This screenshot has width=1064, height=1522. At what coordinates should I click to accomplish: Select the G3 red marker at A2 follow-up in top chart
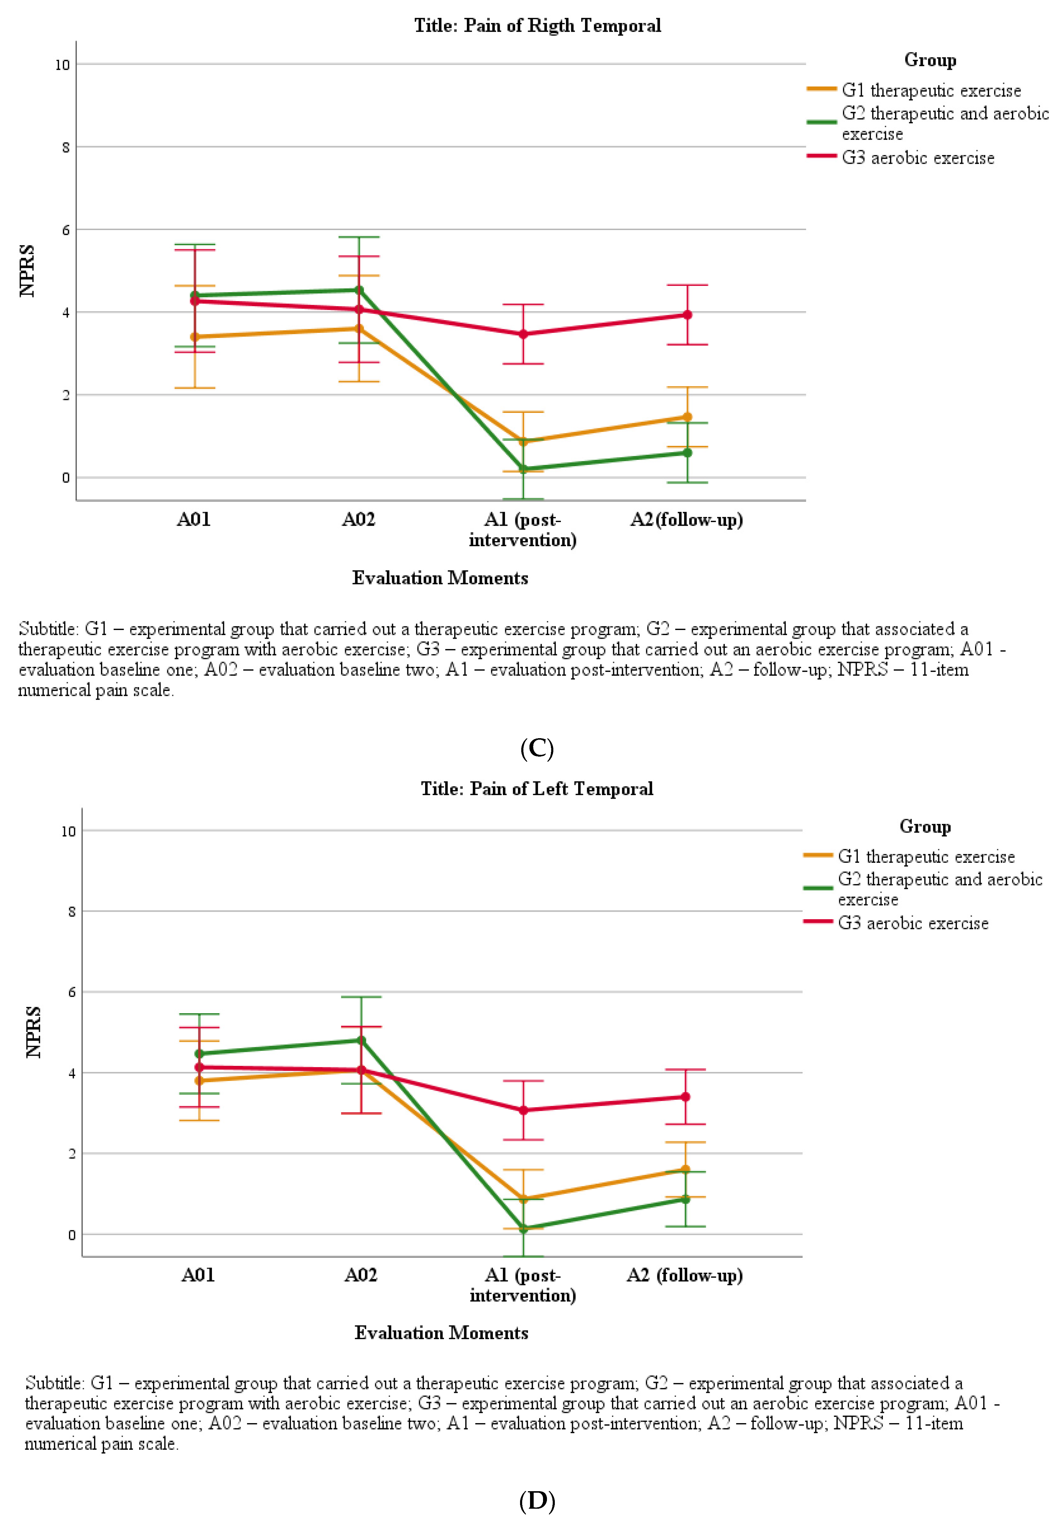688,315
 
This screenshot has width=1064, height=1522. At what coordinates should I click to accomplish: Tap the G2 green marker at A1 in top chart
523,469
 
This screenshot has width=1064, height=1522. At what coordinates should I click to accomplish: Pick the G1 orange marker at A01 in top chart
195,337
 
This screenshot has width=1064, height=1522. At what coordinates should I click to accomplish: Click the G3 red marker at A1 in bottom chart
523,1110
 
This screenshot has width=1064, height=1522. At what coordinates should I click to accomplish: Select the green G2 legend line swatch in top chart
822,122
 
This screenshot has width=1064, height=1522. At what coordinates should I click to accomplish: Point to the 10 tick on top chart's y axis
62,65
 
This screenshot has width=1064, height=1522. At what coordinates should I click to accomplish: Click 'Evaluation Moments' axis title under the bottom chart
441,1332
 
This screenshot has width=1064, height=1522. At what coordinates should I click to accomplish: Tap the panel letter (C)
536,748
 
